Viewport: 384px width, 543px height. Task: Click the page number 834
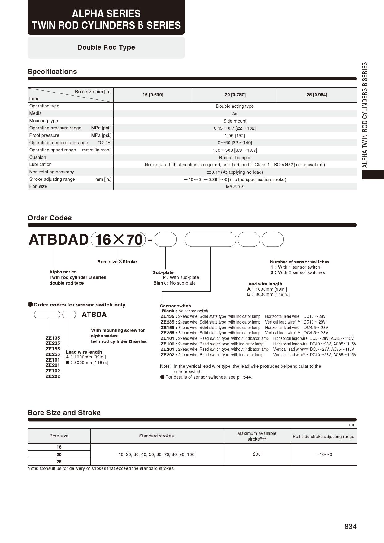[x=350, y=527]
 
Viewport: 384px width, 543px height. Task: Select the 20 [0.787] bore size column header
[x=235, y=95]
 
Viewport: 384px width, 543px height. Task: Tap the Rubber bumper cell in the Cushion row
[x=235, y=158]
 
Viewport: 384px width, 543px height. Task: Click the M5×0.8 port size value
[x=235, y=187]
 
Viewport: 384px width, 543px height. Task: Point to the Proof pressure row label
[x=44, y=135]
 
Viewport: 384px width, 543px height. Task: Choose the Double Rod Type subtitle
[x=106, y=47]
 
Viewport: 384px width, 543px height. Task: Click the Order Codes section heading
[x=50, y=218]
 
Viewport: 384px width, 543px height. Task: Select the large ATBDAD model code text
[x=59, y=240]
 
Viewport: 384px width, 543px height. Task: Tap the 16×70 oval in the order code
[x=118, y=240]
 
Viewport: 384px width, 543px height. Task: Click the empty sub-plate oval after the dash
[x=165, y=240]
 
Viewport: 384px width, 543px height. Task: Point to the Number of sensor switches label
[x=299, y=262]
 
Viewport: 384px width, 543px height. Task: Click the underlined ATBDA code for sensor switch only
[x=94, y=315]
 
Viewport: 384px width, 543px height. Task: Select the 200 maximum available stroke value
[x=257, y=454]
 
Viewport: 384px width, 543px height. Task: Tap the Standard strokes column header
[x=156, y=436]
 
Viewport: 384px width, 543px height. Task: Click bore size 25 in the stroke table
[x=59, y=462]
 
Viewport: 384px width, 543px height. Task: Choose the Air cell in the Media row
[x=235, y=114]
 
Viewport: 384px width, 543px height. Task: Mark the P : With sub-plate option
[x=181, y=277]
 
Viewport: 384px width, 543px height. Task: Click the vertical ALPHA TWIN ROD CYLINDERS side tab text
[x=365, y=115]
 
